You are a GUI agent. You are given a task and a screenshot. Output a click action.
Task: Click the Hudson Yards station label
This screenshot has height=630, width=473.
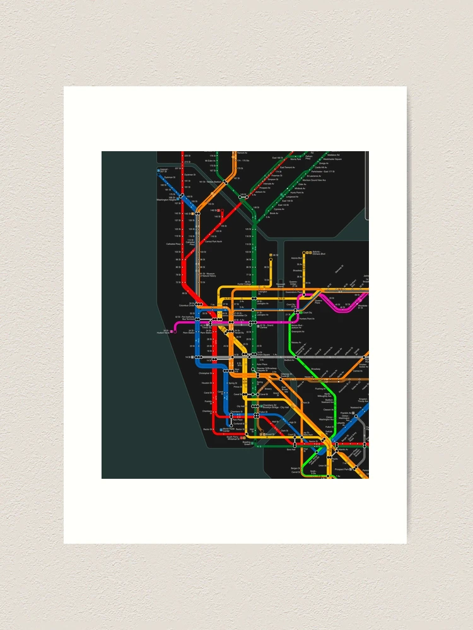165,331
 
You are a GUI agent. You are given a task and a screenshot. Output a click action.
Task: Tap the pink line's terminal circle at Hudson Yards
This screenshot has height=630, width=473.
173,329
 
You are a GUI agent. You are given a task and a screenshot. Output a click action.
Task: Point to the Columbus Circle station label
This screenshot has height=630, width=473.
188,305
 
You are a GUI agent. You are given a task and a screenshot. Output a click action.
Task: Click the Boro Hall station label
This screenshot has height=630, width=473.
291,449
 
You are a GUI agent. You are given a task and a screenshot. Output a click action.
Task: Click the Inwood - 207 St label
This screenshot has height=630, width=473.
164,170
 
